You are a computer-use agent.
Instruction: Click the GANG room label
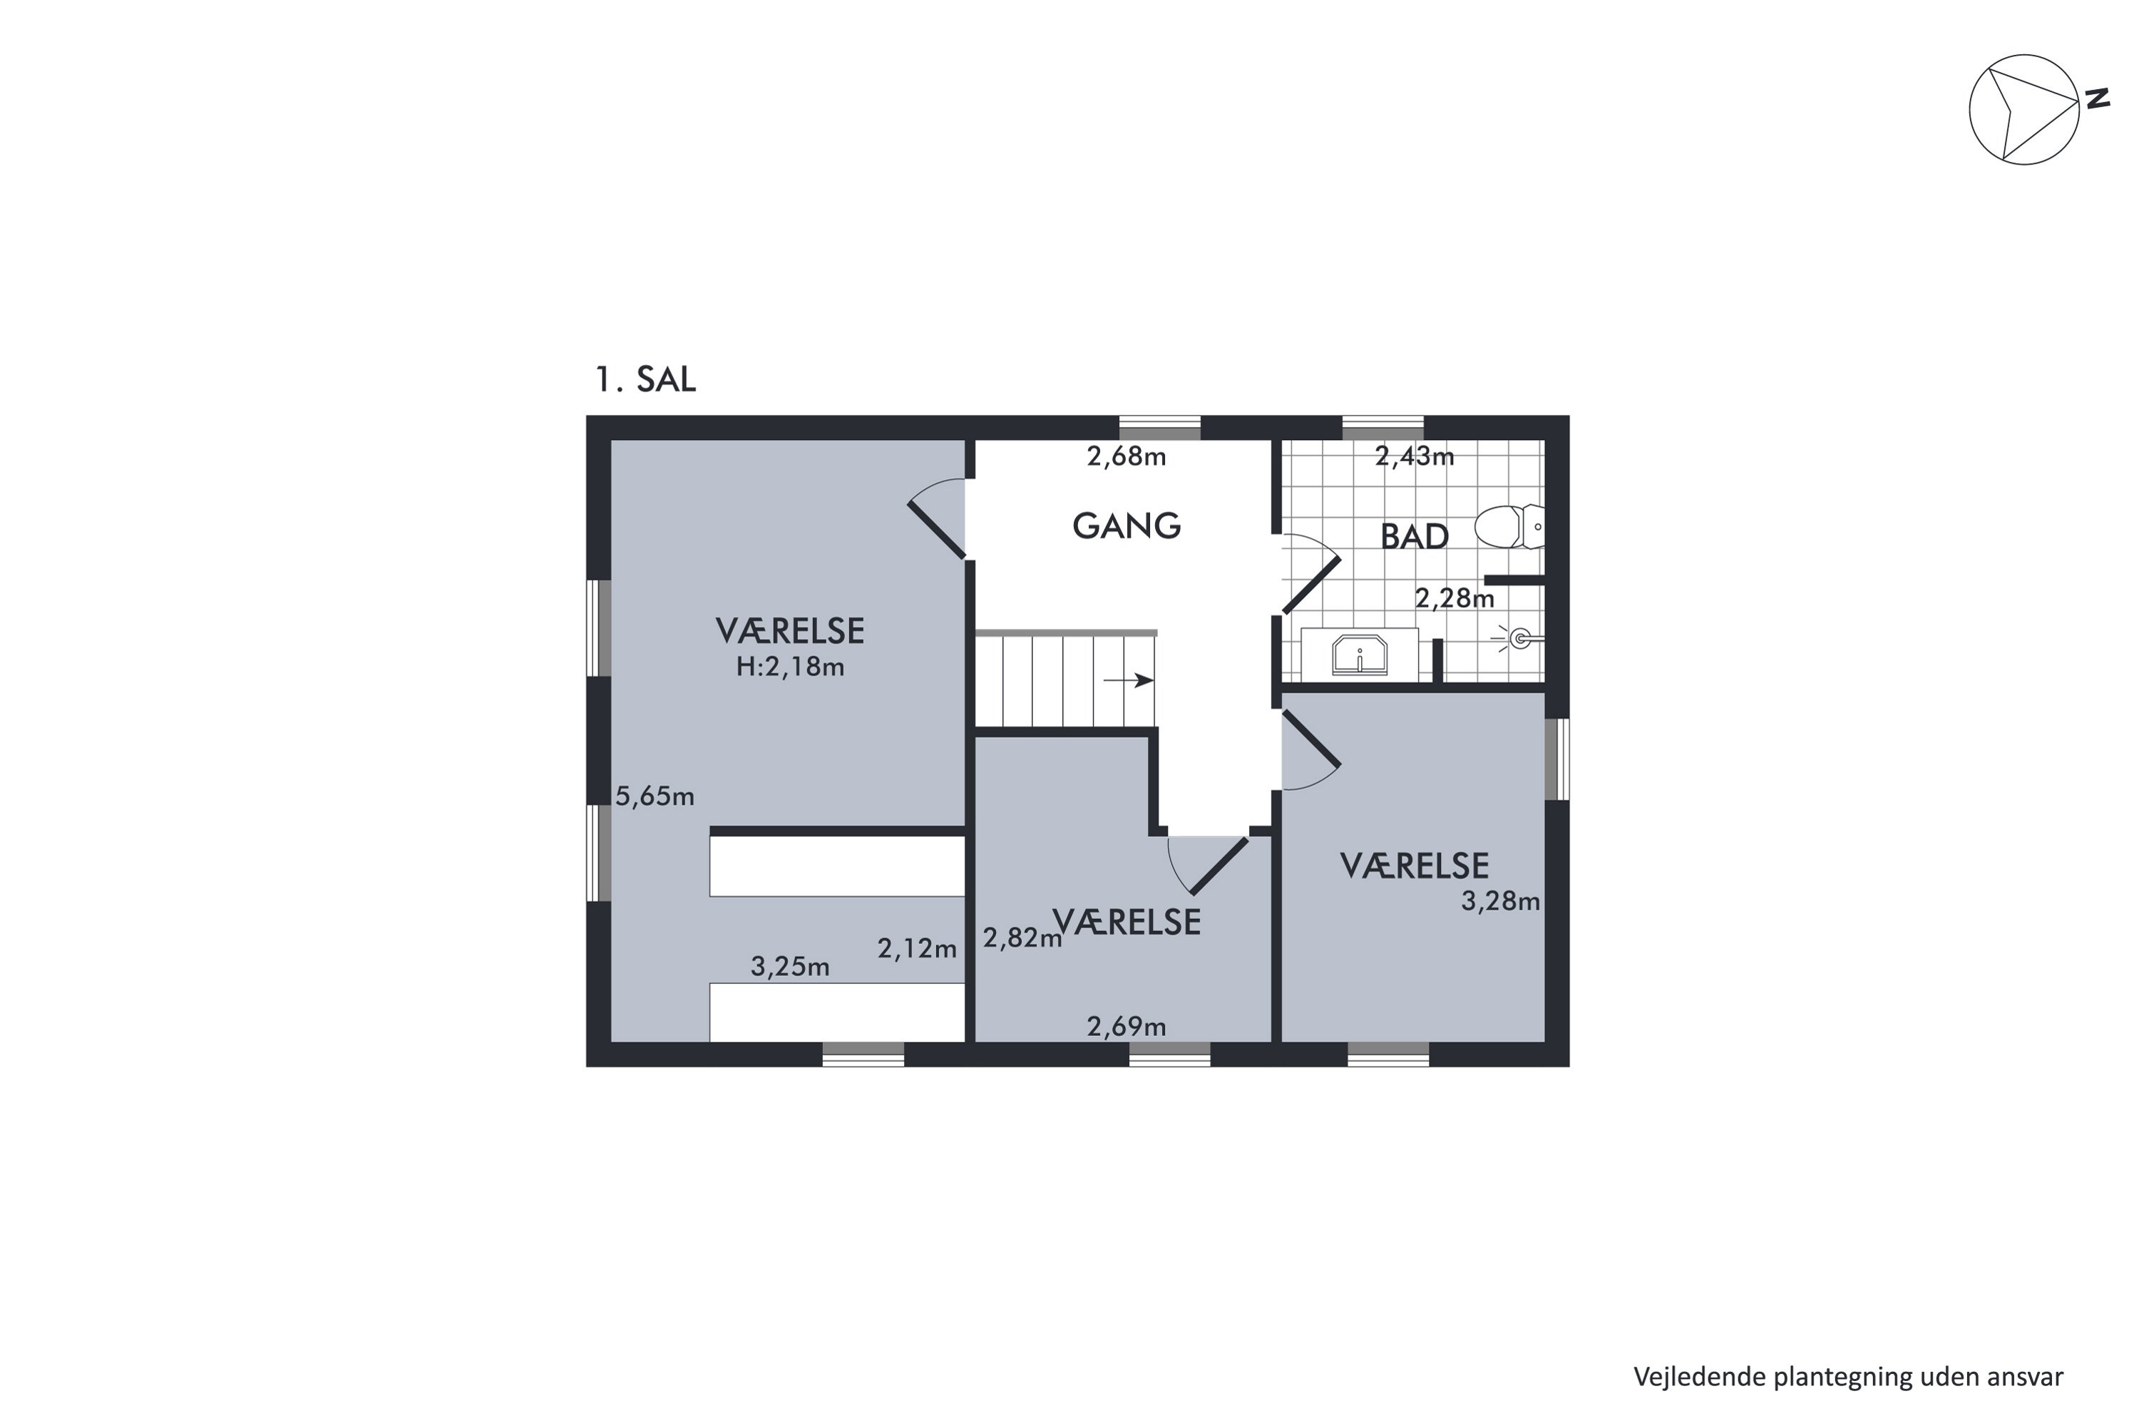click(1126, 525)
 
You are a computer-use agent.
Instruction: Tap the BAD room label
click(1414, 537)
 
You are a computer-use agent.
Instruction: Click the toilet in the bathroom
click(1509, 527)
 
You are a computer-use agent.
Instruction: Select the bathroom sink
click(1360, 655)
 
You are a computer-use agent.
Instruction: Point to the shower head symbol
click(1518, 640)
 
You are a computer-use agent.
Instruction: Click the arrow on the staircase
click(1129, 680)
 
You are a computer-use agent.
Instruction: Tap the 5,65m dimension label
click(655, 796)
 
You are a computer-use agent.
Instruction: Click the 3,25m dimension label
click(789, 967)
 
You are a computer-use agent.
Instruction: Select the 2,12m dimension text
click(917, 948)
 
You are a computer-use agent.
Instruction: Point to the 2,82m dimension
click(1022, 938)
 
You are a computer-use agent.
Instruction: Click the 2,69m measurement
click(1126, 1027)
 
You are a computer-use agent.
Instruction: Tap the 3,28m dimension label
click(1501, 901)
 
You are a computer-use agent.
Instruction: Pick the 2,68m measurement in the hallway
click(1126, 456)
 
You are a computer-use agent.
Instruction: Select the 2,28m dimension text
click(1455, 598)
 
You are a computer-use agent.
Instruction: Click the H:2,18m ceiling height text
click(789, 667)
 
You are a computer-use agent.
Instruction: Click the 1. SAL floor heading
click(645, 379)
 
